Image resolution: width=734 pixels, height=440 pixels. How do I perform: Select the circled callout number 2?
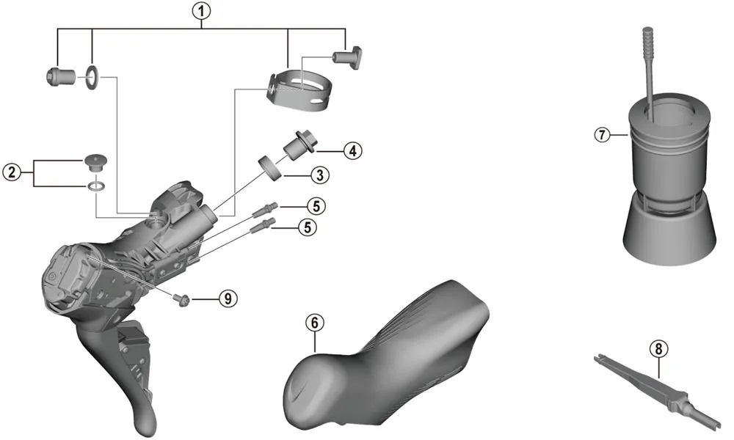click(11, 173)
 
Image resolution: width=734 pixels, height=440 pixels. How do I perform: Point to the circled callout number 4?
click(353, 151)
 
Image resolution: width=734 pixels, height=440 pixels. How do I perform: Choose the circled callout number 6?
click(314, 322)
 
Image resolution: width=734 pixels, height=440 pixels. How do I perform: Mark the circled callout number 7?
click(602, 135)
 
